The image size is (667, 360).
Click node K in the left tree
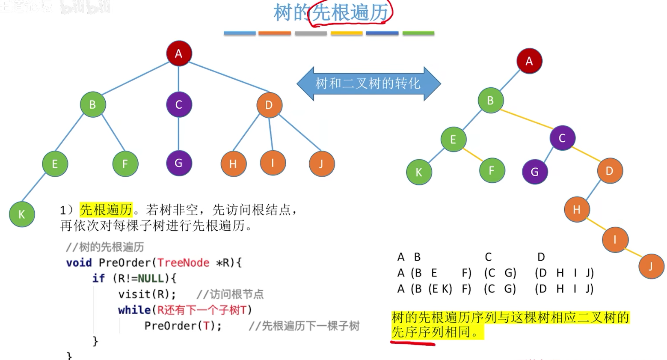(x=22, y=214)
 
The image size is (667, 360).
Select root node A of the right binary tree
(x=529, y=61)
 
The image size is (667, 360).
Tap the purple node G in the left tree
(x=179, y=163)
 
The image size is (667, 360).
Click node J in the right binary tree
(x=651, y=266)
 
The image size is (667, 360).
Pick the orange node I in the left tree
(x=273, y=163)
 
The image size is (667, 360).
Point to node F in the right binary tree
(x=492, y=171)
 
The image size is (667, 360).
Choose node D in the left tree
(x=269, y=105)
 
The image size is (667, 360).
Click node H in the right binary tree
(x=577, y=209)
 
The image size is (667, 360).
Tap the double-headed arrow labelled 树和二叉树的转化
(x=368, y=83)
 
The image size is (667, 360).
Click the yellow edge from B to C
(x=526, y=119)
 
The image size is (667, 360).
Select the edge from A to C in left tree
(x=179, y=79)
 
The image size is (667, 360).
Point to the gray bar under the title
(x=311, y=33)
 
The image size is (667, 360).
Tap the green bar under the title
(x=418, y=33)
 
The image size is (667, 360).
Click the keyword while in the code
(x=134, y=310)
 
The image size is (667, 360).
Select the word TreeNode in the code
(x=183, y=262)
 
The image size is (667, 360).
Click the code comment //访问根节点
(x=230, y=295)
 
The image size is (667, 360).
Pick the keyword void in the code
(x=79, y=262)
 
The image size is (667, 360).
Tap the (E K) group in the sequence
(x=440, y=289)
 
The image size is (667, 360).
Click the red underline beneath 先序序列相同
(x=412, y=342)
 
